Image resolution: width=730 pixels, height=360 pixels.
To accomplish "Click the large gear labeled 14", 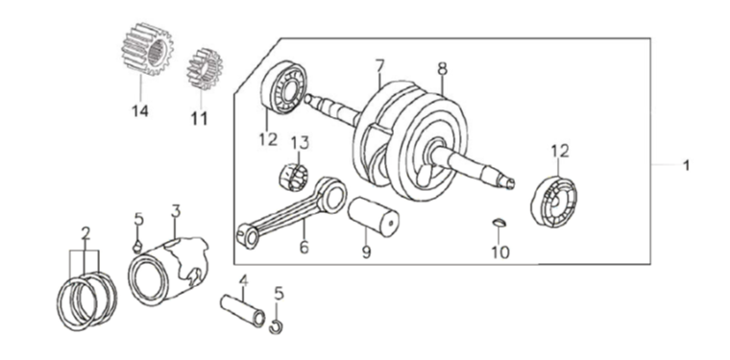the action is [147, 49].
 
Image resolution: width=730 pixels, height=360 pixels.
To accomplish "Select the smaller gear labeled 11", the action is [205, 69].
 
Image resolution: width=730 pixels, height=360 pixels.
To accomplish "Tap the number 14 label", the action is [139, 111].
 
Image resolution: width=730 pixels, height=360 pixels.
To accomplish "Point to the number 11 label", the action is [199, 119].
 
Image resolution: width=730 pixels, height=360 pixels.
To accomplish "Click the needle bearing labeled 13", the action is [293, 178].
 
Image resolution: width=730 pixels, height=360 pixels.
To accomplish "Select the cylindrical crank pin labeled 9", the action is [373, 217].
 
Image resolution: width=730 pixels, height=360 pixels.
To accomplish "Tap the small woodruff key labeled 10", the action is [499, 223].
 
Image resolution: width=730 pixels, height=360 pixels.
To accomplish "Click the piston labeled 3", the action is [168, 270].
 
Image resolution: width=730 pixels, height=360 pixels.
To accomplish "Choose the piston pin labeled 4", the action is [243, 311].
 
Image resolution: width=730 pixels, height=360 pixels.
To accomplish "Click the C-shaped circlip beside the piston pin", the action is [276, 327].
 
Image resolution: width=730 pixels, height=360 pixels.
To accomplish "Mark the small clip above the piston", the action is [137, 248].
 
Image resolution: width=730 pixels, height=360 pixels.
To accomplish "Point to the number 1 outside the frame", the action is [686, 165].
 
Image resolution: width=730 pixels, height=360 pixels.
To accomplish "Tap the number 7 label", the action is [380, 66].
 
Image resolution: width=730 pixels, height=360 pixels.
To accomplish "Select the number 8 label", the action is [442, 69].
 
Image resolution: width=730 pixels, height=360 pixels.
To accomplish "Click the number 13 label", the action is [300, 143].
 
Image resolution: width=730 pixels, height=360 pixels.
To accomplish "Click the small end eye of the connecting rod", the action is [247, 235].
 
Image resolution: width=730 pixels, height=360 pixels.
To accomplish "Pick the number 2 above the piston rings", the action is [85, 234].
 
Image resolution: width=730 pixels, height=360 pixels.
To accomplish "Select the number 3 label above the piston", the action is [176, 211].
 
